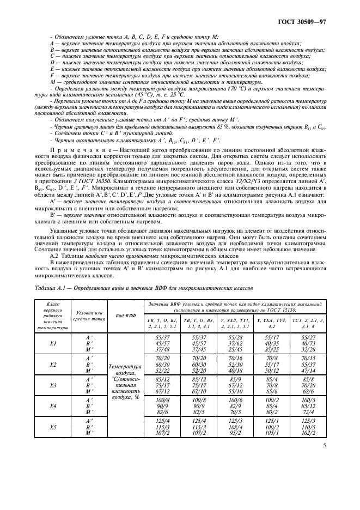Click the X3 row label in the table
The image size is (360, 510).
(52, 385)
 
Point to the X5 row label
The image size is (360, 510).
(52, 427)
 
